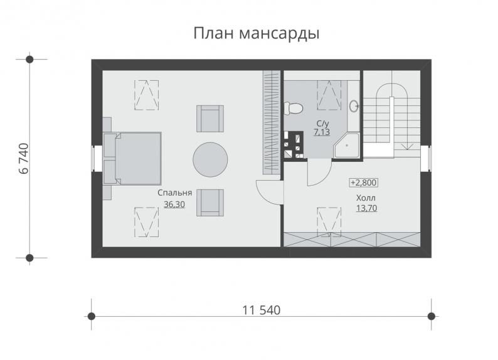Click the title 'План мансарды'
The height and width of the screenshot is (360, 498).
(257, 34)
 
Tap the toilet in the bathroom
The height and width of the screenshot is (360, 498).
(292, 109)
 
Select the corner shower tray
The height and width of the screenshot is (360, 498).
(346, 145)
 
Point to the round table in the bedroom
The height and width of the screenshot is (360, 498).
(210, 160)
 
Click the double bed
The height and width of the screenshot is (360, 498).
(132, 159)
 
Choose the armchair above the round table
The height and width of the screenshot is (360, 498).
(210, 119)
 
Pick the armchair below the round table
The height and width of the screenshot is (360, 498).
(210, 203)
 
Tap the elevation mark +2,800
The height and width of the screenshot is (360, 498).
(363, 183)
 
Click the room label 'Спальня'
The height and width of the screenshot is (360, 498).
(175, 193)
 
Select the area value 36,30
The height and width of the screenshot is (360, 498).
(174, 204)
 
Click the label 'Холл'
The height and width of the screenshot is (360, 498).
(366, 198)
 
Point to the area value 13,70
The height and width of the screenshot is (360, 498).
(366, 208)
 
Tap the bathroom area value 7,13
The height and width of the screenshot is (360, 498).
(322, 132)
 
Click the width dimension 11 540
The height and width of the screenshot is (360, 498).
(262, 310)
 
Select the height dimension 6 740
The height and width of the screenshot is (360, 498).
(24, 159)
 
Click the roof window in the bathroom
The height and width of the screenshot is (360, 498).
(329, 95)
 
